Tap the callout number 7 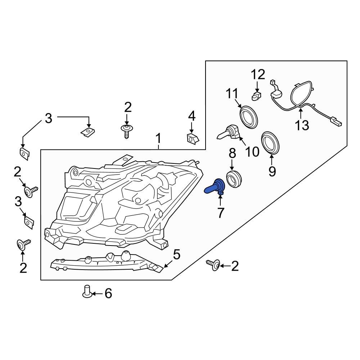220,213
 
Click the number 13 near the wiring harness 302,125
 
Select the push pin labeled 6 86,291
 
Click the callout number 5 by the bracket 176,255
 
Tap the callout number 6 108,294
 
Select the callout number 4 192,116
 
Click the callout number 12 258,75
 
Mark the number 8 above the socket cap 232,153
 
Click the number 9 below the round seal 271,171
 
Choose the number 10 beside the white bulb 252,152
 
